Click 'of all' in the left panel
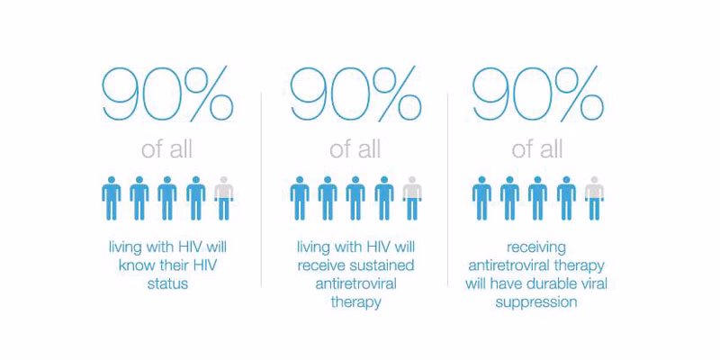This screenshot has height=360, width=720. (167, 148)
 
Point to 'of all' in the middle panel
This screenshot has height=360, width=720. (355, 148)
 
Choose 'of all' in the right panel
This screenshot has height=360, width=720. (538, 148)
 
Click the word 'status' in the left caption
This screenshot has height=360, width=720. (167, 284)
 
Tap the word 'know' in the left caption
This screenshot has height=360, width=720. (138, 265)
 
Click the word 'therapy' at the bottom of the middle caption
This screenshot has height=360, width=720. (355, 303)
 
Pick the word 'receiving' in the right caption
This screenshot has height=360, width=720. (538, 247)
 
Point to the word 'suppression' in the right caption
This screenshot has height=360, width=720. (538, 303)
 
